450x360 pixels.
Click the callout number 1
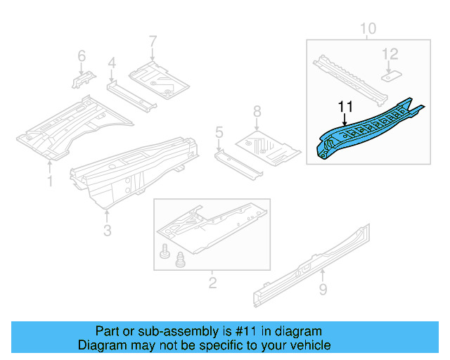pyautogui.click(x=49, y=182)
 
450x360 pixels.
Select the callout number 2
pyautogui.click(x=212, y=283)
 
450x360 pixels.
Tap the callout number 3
pyautogui.click(x=106, y=230)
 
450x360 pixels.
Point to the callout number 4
pyautogui.click(x=111, y=65)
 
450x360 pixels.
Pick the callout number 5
pyautogui.click(x=219, y=131)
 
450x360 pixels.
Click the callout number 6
pyautogui.click(x=81, y=56)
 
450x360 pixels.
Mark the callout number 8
pyautogui.click(x=257, y=110)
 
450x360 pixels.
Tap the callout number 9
pyautogui.click(x=323, y=289)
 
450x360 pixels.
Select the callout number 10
pyautogui.click(x=368, y=29)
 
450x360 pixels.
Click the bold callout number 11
pyautogui.click(x=345, y=106)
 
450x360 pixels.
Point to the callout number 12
pyautogui.click(x=390, y=53)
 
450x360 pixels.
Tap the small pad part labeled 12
pyautogui.click(x=392, y=71)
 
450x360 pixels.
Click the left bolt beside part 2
pyautogui.click(x=166, y=252)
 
